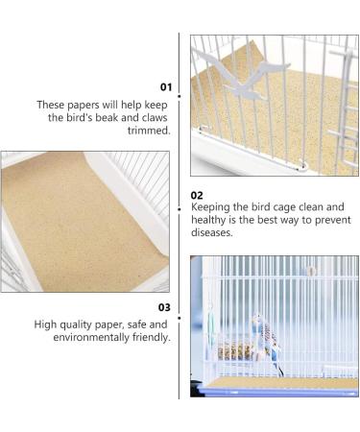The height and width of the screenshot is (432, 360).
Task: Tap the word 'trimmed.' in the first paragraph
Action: coord(148,131)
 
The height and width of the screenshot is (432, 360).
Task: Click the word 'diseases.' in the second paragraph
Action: coord(212,232)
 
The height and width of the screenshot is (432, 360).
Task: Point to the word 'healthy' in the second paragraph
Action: coord(213,219)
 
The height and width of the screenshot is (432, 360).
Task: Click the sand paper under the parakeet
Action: coord(278,382)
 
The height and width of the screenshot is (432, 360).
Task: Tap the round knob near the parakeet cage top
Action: coord(310,272)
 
